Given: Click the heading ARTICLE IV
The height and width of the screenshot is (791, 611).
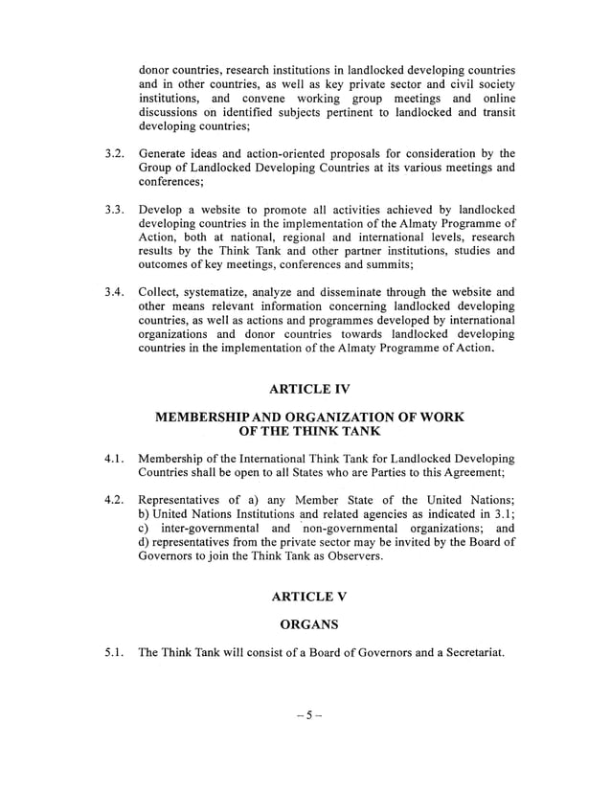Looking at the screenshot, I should (x=310, y=389).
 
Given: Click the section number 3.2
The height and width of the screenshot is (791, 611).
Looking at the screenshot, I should (x=114, y=153).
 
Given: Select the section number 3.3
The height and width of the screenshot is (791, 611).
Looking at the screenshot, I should (x=114, y=210).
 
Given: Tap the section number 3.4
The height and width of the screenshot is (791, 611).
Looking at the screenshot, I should (x=114, y=292).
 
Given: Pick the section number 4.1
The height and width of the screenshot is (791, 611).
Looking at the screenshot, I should (x=114, y=459).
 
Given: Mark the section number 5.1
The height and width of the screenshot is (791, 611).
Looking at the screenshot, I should (x=114, y=654).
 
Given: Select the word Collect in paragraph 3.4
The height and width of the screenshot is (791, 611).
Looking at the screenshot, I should (x=162, y=292).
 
